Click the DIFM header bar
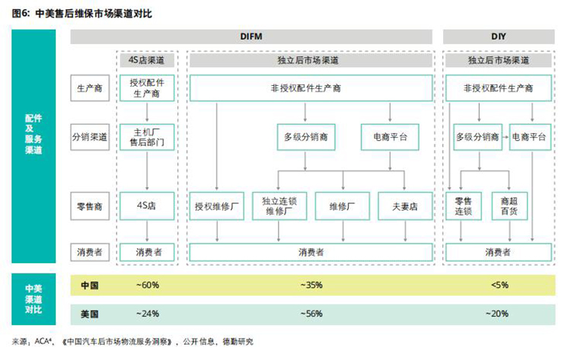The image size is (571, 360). (x=251, y=37)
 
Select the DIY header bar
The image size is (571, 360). (x=499, y=37)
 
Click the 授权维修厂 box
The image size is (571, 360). (x=216, y=205)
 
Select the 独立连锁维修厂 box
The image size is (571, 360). (x=279, y=205)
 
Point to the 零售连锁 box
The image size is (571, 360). (x=464, y=205)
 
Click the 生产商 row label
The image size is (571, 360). (x=89, y=88)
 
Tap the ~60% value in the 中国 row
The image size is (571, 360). (x=147, y=285)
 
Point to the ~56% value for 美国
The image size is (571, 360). (x=311, y=313)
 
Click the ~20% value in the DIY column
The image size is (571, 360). (x=499, y=313)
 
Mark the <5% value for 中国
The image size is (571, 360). (x=499, y=285)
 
